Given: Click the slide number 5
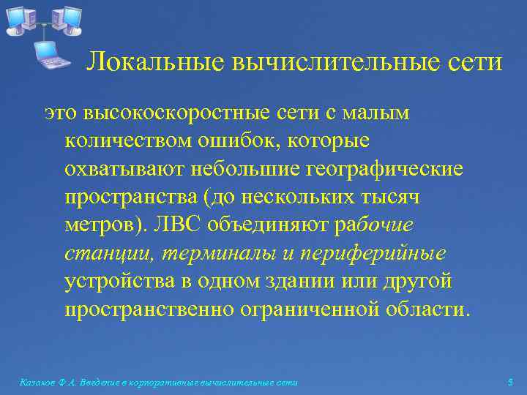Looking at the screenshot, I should tap(510, 383).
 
